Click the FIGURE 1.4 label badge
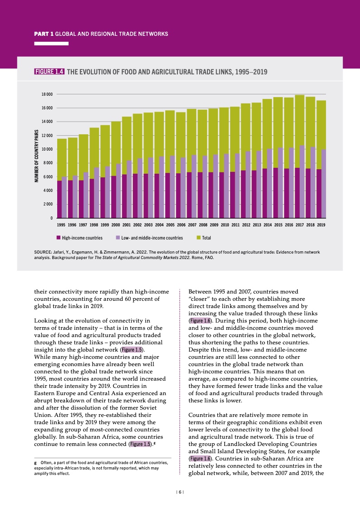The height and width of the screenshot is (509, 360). (49, 71)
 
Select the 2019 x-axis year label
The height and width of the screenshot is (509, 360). (321, 225)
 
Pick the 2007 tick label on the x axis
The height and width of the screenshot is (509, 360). (192, 225)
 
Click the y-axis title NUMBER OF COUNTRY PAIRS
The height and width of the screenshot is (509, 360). (36, 156)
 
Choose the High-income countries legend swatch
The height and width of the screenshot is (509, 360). (59, 238)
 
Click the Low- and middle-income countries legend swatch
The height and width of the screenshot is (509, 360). (118, 238)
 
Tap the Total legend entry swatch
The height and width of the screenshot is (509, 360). (198, 238)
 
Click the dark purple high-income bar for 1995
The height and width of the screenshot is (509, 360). (59, 200)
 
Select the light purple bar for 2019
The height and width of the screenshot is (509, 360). (324, 184)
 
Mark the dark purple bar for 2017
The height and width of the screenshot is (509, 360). (297, 193)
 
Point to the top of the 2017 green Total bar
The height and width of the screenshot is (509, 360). (300, 96)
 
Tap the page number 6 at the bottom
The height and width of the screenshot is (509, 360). (180, 492)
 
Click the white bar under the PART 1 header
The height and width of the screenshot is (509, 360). (51, 44)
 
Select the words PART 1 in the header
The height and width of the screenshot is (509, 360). (44, 34)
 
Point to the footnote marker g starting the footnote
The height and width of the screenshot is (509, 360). (36, 463)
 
